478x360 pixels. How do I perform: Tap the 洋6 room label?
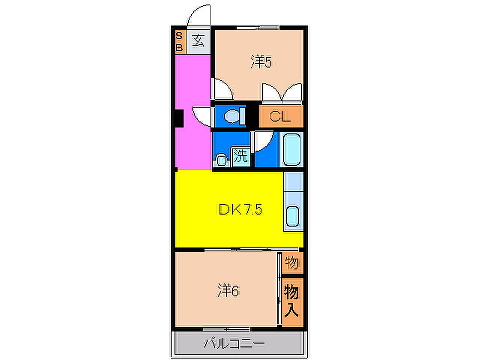click(x=228, y=290)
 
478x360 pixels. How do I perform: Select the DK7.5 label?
click(x=240, y=209)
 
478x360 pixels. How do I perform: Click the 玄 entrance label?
click(x=198, y=41)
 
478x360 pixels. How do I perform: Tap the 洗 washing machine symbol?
click(x=240, y=157)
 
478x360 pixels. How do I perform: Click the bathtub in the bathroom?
click(x=291, y=150)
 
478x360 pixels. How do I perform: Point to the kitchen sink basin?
click(x=292, y=216)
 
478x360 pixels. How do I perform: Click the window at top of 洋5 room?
click(x=257, y=27)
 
